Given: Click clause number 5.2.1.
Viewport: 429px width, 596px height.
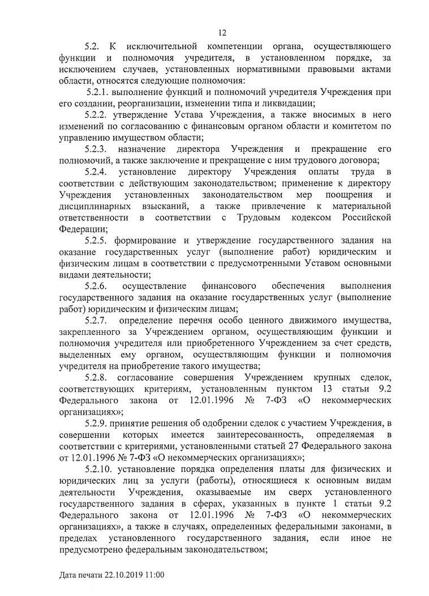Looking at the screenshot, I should [100, 92].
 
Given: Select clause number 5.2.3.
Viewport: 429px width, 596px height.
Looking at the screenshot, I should [96, 149].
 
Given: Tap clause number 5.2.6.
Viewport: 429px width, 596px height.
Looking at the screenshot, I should [96, 286].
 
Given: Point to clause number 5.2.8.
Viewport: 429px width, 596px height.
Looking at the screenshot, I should [96, 377].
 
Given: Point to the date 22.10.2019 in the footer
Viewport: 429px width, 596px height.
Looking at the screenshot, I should [123, 576].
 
